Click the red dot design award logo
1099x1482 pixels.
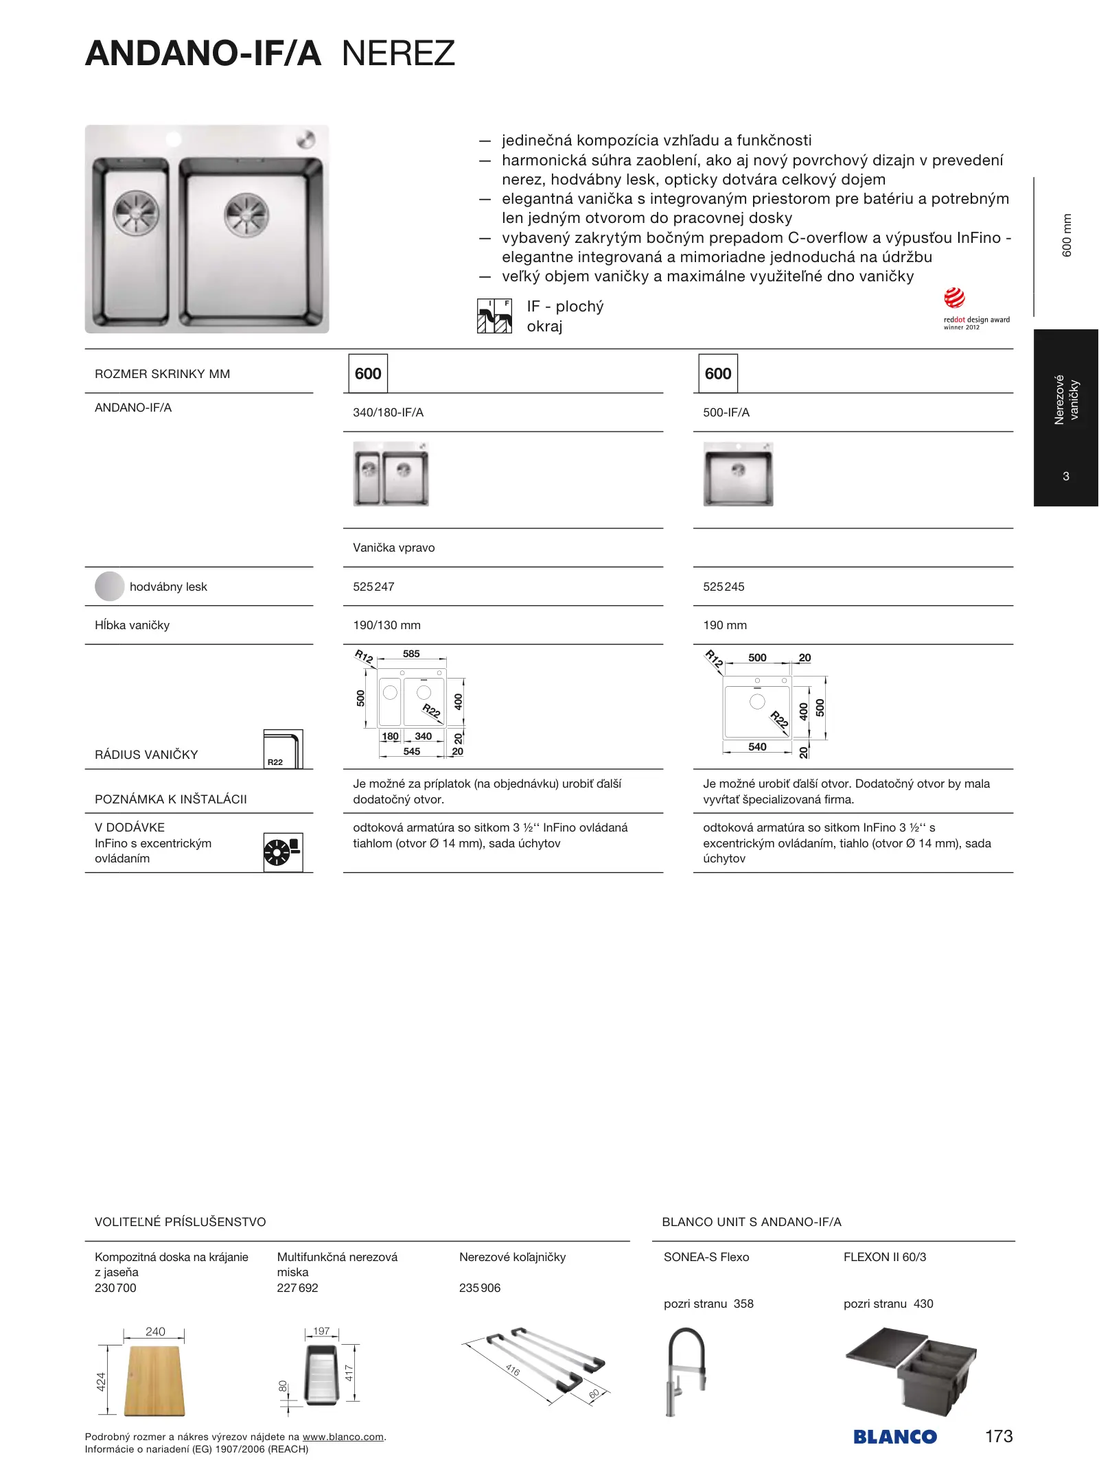coord(954,299)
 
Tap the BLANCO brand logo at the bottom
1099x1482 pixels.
coord(894,1437)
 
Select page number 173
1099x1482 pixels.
coord(998,1436)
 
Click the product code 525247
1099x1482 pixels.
coord(373,587)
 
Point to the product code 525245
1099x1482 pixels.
coord(724,587)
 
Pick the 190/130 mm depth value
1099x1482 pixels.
coord(386,625)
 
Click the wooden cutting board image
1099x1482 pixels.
coord(154,1381)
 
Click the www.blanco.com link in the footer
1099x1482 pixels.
coord(343,1437)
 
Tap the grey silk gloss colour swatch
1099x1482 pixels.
coord(110,587)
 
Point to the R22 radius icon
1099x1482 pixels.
coord(283,749)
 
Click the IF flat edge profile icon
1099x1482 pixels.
coord(494,316)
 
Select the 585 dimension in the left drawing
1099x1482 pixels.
coord(411,654)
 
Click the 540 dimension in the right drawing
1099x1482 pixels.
coord(757,746)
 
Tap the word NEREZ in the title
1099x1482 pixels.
coord(398,54)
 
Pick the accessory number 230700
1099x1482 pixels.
coord(115,1288)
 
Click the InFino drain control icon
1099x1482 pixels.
coord(283,852)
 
